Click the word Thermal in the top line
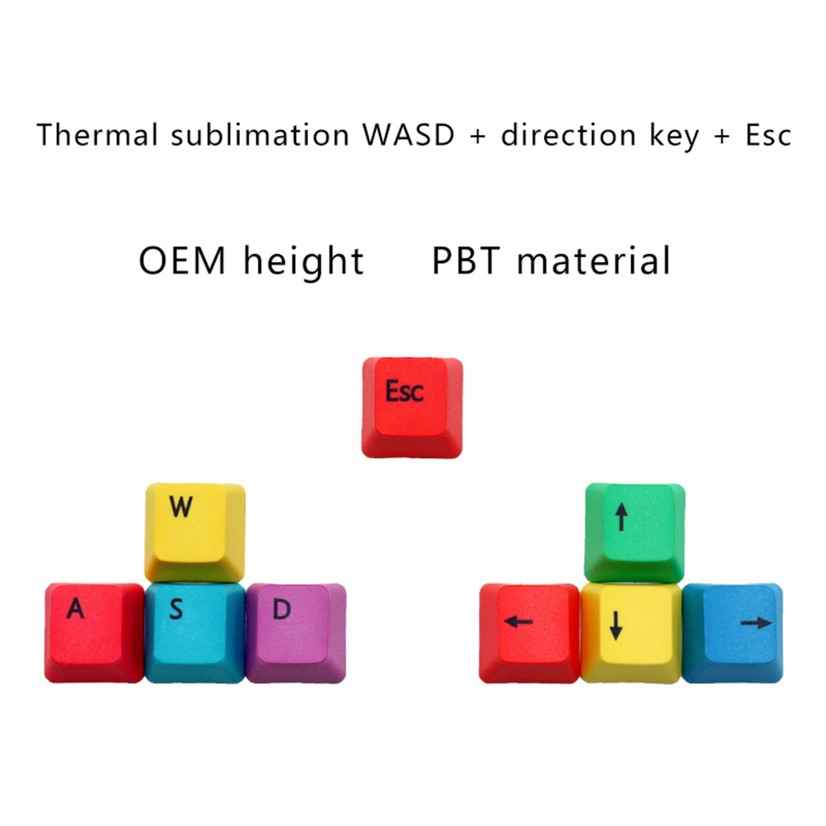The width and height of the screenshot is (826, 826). click(98, 134)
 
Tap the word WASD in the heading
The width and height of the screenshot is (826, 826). click(407, 134)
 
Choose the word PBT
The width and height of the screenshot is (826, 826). click(467, 261)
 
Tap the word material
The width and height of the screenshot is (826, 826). click(594, 261)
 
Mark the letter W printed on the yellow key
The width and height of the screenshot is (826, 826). click(181, 507)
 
